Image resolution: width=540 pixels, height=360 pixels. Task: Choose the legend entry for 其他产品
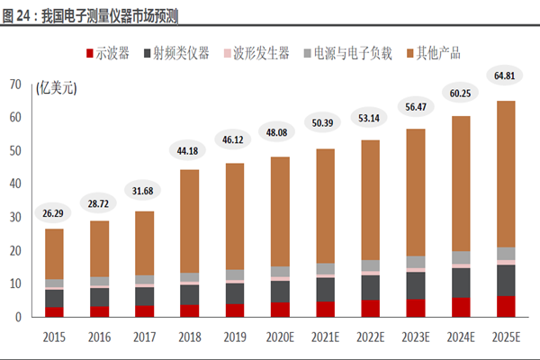point(435,52)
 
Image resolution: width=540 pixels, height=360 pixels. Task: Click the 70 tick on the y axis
point(15,84)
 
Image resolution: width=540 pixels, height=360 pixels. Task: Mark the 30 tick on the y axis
point(15,217)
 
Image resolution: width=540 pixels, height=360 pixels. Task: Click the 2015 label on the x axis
point(55,339)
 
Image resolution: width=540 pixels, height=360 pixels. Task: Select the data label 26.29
point(55,213)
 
